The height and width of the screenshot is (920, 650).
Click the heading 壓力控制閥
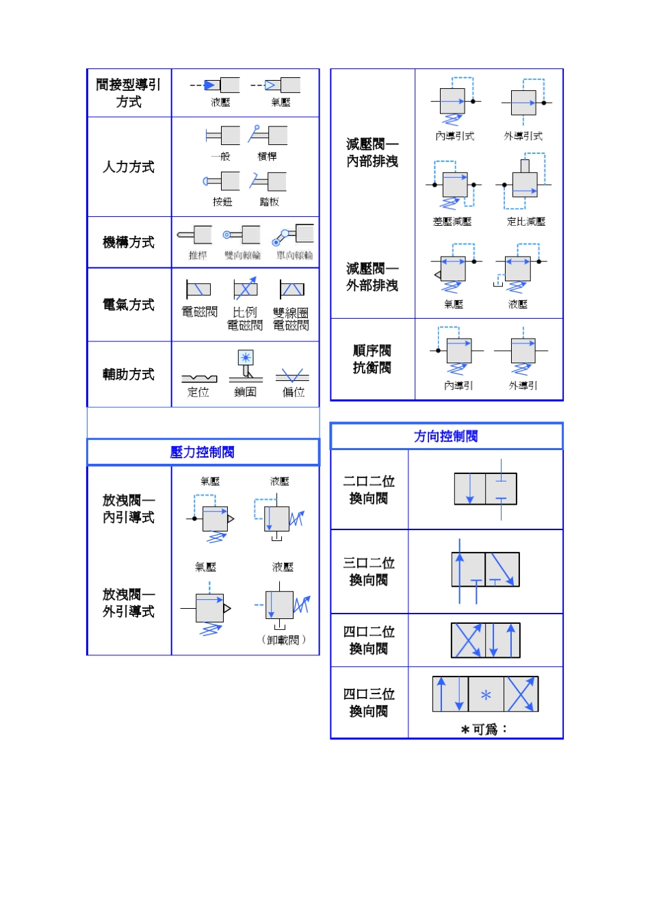202,452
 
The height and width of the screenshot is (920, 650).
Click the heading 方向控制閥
445,436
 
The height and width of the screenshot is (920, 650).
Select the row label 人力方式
129,167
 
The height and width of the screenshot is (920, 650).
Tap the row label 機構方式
129,242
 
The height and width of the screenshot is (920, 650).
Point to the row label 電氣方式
129,304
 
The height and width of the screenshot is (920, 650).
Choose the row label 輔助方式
129,374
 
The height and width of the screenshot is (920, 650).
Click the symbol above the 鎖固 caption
246,365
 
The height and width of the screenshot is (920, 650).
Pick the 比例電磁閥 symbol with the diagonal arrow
245,289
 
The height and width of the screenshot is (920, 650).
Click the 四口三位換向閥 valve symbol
485,694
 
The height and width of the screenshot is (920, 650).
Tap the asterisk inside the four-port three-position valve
486,696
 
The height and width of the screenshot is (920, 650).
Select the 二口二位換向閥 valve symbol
485,489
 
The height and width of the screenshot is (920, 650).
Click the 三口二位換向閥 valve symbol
485,570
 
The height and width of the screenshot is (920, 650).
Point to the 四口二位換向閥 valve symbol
485,640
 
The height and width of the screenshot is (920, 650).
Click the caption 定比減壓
526,222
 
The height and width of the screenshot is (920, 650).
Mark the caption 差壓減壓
452,222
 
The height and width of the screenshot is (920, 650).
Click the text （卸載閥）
283,640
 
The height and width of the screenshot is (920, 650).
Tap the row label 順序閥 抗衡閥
372,359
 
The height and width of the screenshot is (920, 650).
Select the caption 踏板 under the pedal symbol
269,202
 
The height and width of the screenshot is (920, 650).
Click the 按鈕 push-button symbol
222,181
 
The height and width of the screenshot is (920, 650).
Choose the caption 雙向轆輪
243,255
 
